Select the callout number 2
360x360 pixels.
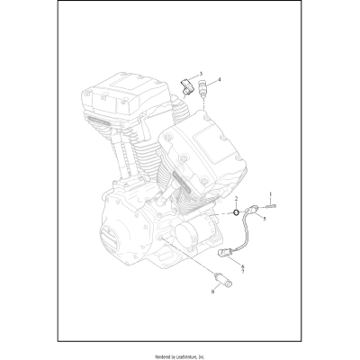[236, 198]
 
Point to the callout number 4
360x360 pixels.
[219, 80]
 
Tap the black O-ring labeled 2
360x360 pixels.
[236, 212]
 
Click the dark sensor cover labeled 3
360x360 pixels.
[187, 86]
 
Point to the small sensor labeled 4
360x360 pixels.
[206, 90]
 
